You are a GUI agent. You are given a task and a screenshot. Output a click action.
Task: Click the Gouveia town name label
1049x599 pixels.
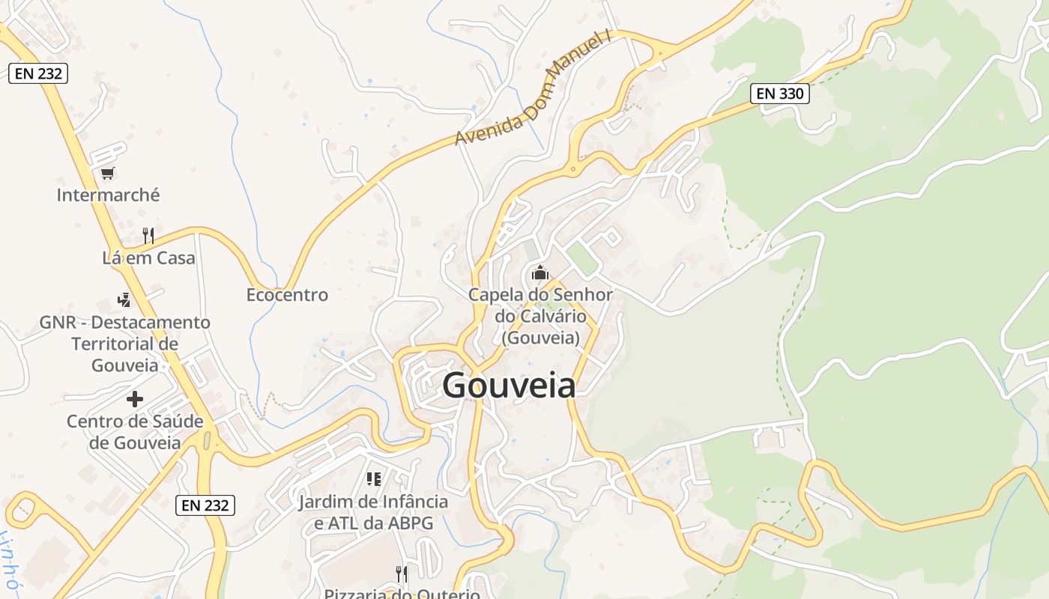pyautogui.click(x=509, y=386)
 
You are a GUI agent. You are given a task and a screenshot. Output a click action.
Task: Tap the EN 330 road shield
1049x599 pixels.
pyautogui.click(x=780, y=94)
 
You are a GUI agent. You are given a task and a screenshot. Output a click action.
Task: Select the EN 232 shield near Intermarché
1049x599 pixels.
pyautogui.click(x=38, y=73)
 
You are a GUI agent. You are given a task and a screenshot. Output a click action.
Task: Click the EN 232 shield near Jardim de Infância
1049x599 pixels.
pyautogui.click(x=205, y=505)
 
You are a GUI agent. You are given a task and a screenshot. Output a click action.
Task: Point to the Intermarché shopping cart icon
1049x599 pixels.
pyautogui.click(x=107, y=174)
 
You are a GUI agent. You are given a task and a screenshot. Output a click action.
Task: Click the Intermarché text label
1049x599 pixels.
pyautogui.click(x=108, y=195)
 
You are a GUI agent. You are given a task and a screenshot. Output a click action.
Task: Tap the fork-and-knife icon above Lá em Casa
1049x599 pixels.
pyautogui.click(x=148, y=236)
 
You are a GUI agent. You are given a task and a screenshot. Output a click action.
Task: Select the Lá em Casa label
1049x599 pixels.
pyautogui.click(x=148, y=258)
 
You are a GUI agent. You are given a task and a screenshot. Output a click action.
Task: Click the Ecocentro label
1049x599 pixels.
pyautogui.click(x=287, y=295)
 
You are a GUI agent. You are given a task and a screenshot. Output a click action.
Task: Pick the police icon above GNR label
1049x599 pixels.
pyautogui.click(x=124, y=300)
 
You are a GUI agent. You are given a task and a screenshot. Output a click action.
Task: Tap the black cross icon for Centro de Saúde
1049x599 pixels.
pyautogui.click(x=135, y=399)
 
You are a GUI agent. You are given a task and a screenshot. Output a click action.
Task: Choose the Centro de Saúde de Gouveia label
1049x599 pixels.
pyautogui.click(x=135, y=432)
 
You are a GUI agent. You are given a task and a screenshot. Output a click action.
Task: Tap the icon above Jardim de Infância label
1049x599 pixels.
pyautogui.click(x=373, y=479)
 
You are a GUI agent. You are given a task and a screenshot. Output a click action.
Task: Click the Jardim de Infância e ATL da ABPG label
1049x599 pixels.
pyautogui.click(x=373, y=512)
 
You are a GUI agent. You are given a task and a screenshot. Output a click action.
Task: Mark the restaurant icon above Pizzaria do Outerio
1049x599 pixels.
pyautogui.click(x=402, y=574)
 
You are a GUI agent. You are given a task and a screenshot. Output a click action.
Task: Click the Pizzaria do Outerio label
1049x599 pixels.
pyautogui.click(x=402, y=594)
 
